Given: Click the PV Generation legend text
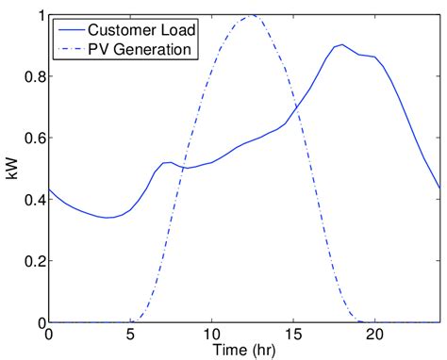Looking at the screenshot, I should pyautogui.click(x=139, y=47).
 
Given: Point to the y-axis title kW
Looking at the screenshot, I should pyautogui.click(x=11, y=170).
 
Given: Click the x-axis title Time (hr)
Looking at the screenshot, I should pyautogui.click(x=243, y=350).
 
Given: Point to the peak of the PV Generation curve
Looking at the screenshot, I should pyautogui.click(x=251, y=16).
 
